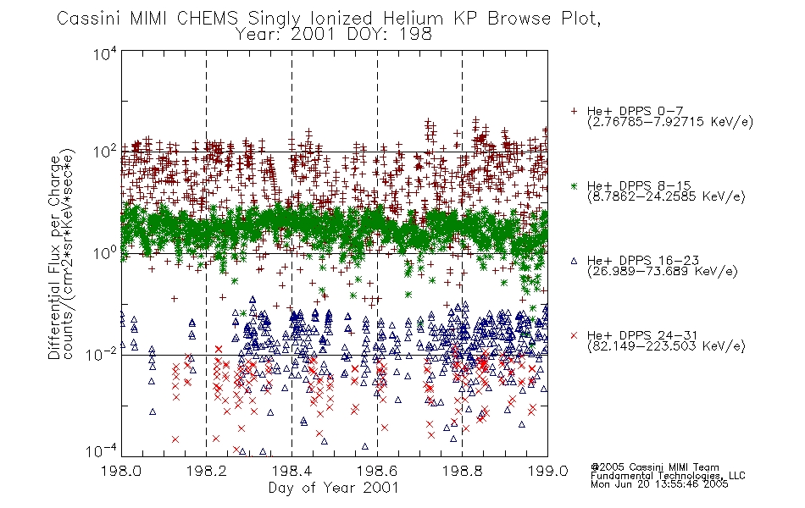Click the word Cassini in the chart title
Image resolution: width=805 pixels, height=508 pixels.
[89, 19]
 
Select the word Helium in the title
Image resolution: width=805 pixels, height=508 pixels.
[413, 19]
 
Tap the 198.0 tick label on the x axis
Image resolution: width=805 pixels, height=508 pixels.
[121, 471]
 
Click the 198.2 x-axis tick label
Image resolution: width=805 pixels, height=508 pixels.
[207, 471]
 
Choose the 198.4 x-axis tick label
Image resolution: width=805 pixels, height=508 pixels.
[291, 471]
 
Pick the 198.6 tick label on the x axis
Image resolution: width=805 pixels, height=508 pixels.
[377, 471]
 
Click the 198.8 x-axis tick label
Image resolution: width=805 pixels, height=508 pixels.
[462, 471]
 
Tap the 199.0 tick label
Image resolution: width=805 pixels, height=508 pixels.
[547, 471]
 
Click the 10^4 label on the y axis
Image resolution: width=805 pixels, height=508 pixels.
[105, 53]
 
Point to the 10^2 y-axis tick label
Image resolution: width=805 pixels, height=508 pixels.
[105, 152]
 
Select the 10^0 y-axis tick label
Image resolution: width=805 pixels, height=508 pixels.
[105, 253]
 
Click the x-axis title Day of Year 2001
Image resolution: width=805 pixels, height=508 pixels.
[334, 488]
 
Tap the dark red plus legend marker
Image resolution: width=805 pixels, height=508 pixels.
[574, 111]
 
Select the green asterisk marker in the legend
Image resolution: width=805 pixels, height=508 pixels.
[574, 185]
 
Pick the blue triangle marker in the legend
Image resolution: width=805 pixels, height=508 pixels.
[574, 261]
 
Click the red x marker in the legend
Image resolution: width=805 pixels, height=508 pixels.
[574, 335]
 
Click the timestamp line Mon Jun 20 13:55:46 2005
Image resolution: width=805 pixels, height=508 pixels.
[659, 484]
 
